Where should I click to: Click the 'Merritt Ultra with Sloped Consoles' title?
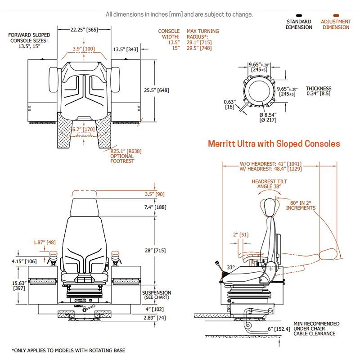pyautogui.click(x=274, y=144)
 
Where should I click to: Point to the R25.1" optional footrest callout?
pyautogui.click(x=122, y=156)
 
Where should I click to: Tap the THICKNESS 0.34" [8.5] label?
pyautogui.click(x=319, y=91)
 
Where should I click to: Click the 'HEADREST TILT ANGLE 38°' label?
pyautogui.click(x=269, y=184)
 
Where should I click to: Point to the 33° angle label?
pyautogui.click(x=230, y=267)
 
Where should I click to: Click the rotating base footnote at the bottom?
pyautogui.click(x=68, y=350)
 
